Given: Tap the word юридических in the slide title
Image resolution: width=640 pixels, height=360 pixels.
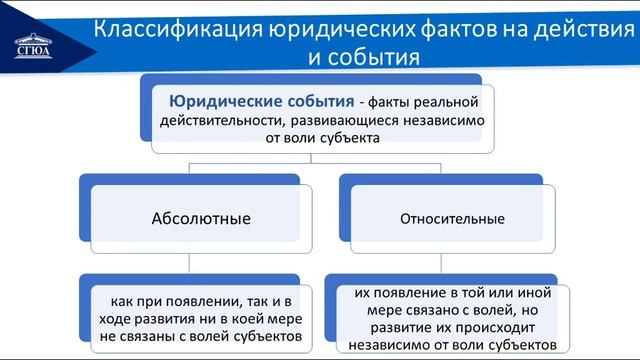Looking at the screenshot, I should point(332,28).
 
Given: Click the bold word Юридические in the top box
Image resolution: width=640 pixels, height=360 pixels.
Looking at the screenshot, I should point(229,102).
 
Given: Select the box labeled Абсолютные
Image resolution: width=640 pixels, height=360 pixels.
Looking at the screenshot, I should point(200,217).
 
